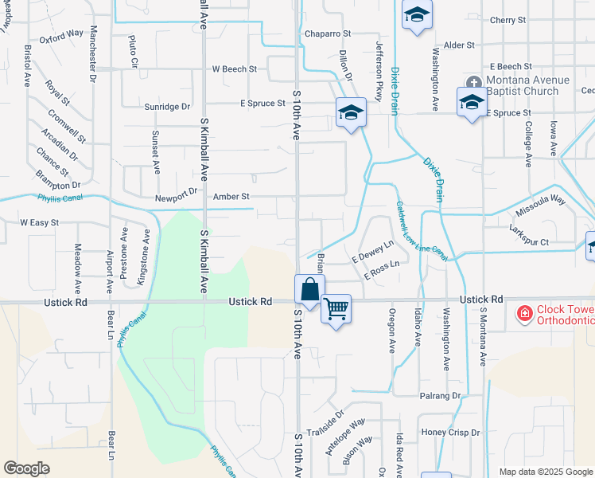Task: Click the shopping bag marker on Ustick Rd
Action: [309, 289]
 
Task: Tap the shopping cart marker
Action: [336, 308]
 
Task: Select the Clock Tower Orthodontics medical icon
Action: [524, 314]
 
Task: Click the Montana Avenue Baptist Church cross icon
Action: [473, 83]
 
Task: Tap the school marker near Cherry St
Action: [416, 17]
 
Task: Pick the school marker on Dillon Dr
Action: [350, 112]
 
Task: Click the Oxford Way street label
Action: [61, 35]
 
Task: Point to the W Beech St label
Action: [234, 69]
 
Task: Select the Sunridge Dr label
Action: [168, 106]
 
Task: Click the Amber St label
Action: [231, 196]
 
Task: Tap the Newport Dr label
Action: [177, 192]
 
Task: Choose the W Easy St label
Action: [39, 223]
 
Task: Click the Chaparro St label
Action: [326, 33]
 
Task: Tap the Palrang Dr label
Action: [441, 395]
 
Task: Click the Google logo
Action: [26, 468]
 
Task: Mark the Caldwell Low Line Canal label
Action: [422, 230]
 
